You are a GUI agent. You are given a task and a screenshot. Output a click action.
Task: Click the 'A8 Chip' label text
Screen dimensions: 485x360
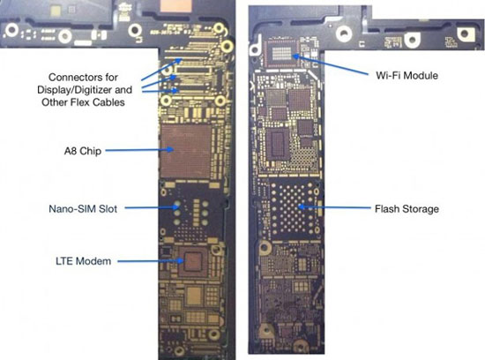pos(83,151)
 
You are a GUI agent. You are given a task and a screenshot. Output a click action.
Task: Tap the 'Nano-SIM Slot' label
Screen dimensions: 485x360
pos(83,208)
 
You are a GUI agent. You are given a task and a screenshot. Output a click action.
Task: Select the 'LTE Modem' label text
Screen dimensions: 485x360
pos(83,261)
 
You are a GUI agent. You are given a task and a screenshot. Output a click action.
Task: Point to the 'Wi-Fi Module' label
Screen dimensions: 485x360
pos(407,75)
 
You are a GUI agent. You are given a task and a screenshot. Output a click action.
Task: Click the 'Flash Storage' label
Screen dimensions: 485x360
pos(407,209)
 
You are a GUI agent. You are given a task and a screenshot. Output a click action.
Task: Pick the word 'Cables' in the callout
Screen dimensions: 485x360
pos(110,102)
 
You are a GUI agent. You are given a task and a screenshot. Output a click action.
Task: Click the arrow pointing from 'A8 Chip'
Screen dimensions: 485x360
pos(139,150)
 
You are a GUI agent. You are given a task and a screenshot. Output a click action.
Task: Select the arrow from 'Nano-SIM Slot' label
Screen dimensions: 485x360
pos(153,207)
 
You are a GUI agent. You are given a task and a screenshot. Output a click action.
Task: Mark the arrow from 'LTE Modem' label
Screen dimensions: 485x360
pos(151,261)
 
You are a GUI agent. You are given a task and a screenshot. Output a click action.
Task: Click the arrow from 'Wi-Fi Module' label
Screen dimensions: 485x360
pos(331,65)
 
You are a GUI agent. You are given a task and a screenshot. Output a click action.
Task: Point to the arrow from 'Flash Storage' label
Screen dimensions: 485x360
pos(333,207)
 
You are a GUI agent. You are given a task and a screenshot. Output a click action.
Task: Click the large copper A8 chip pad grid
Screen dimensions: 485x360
pos(185,151)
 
